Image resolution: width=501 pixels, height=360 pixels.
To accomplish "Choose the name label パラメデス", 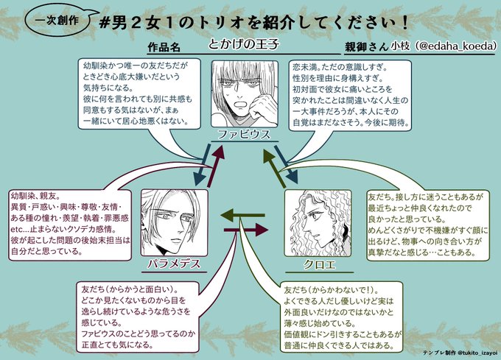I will pyautogui.click(x=172, y=263).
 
